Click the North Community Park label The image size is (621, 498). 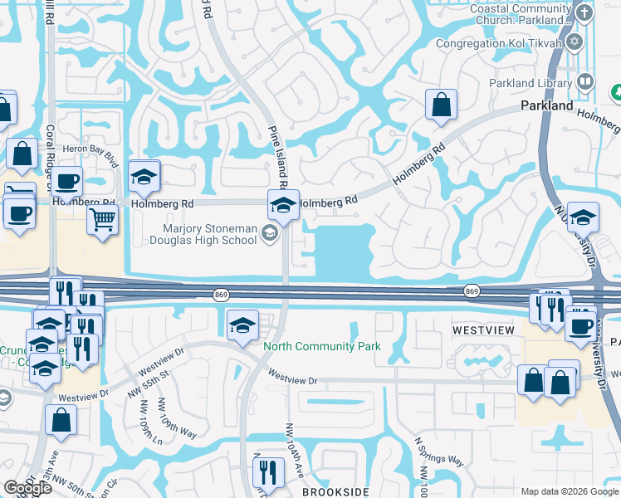point(322,345)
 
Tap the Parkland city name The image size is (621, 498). point(547,105)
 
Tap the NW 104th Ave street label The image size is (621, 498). point(290,448)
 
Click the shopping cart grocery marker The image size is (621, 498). point(103,220)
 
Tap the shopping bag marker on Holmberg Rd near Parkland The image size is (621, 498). point(441,105)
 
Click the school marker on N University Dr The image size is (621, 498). point(584,217)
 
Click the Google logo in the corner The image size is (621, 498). point(27,488)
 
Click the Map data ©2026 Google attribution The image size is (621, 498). point(569,491)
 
